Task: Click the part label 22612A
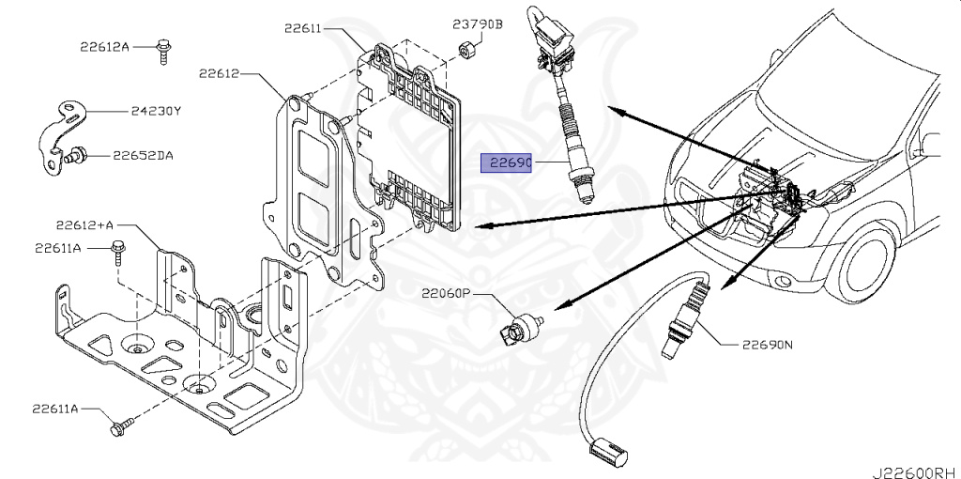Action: coord(104,46)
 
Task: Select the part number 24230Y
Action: coord(156,112)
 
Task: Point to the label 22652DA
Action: coord(143,156)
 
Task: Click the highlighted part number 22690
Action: coord(506,163)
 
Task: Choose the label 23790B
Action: coord(478,24)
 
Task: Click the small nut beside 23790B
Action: coord(467,51)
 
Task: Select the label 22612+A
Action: coord(84,225)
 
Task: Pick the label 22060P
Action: coord(446,294)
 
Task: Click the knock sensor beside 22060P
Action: coord(517,329)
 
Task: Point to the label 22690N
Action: coord(768,345)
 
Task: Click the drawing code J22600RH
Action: coord(916,472)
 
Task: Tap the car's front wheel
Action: coord(870,262)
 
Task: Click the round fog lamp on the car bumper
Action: coord(783,282)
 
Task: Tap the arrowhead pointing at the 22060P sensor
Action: coord(568,304)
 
